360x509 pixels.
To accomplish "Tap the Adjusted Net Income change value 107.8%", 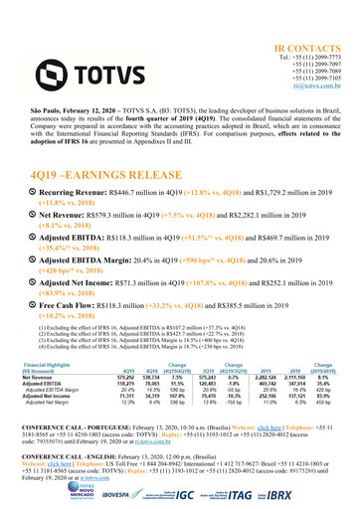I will point(182,398).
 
